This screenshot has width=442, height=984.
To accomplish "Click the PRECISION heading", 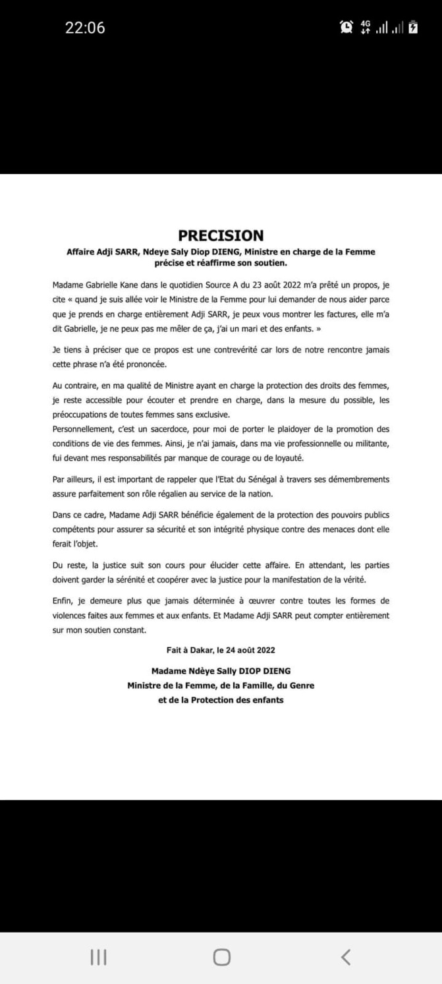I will pos(221,236).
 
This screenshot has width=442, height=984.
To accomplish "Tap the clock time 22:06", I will pos(85,28).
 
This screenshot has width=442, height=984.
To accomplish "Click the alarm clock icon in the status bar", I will pos(346,27).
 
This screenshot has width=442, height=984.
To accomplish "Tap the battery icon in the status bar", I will pos(413,27).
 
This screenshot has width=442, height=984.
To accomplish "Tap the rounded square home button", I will pos(221,956).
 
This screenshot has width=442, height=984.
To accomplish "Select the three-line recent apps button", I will pos(98,956).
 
